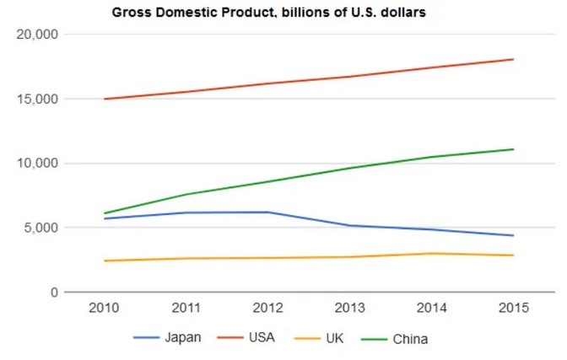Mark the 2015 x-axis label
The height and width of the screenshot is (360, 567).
click(513, 309)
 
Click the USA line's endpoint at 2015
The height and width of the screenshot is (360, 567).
click(513, 59)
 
